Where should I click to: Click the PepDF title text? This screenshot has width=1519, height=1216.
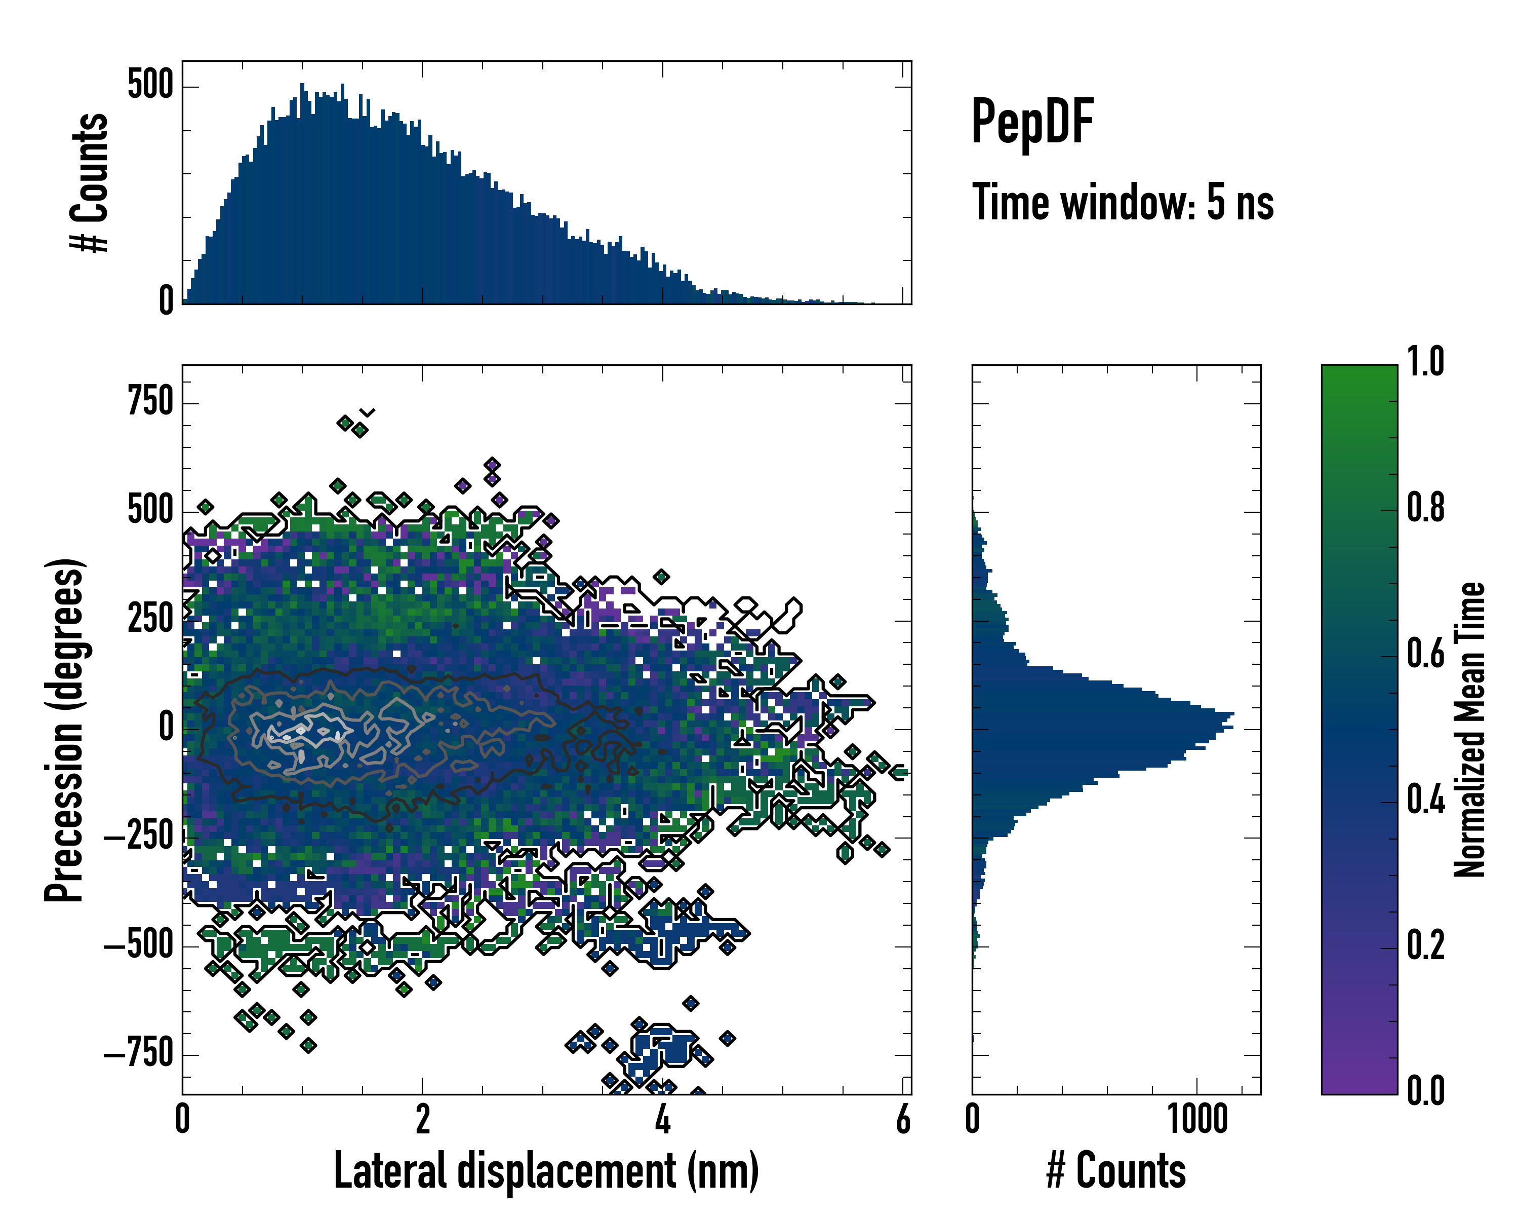[x=1032, y=123]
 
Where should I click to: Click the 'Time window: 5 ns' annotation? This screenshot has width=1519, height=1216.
[x=1123, y=202]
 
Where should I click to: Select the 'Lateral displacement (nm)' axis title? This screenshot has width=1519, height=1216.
[x=546, y=1170]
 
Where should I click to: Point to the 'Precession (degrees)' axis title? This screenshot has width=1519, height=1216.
[x=65, y=730]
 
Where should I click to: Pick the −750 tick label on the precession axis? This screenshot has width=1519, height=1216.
[x=139, y=1054]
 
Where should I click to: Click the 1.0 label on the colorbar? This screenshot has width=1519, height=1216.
[x=1425, y=362]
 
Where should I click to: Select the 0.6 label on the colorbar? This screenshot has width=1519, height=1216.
[x=1425, y=654]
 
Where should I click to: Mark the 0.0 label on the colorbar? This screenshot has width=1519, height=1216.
[x=1425, y=1090]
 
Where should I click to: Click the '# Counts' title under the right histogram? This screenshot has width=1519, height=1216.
[x=1116, y=1170]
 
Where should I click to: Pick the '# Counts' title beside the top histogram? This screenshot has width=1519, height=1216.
[x=90, y=182]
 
